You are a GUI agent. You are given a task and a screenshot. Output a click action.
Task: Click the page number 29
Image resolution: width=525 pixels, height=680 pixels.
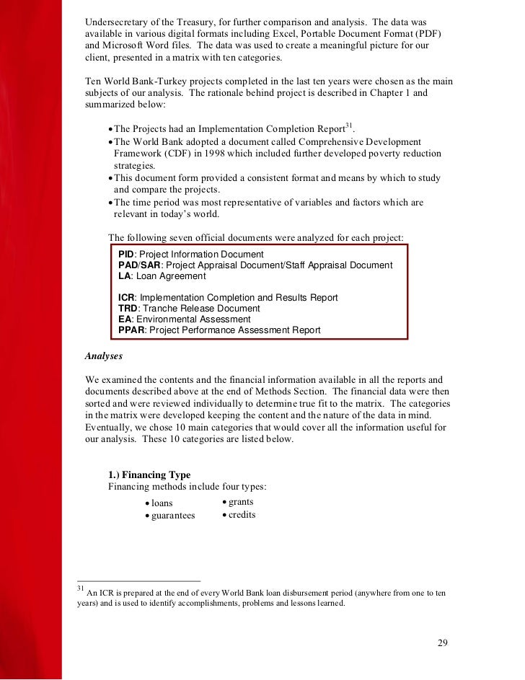coord(443,643)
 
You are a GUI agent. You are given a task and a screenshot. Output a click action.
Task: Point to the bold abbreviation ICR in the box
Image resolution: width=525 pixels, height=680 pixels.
coord(126,298)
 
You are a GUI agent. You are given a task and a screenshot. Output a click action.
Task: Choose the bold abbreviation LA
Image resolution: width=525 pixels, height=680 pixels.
coord(124,276)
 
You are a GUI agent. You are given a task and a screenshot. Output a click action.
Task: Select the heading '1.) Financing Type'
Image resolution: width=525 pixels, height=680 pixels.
coord(149,474)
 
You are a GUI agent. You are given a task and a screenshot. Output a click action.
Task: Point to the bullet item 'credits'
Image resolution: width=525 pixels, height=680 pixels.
coord(242,515)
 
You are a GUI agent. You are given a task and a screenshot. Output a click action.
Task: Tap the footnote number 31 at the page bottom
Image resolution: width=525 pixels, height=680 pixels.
coord(80,588)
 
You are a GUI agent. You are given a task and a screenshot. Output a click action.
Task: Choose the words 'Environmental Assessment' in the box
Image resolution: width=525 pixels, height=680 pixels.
coord(195,319)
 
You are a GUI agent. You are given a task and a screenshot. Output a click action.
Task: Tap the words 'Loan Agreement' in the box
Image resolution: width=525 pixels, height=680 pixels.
coord(169,276)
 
